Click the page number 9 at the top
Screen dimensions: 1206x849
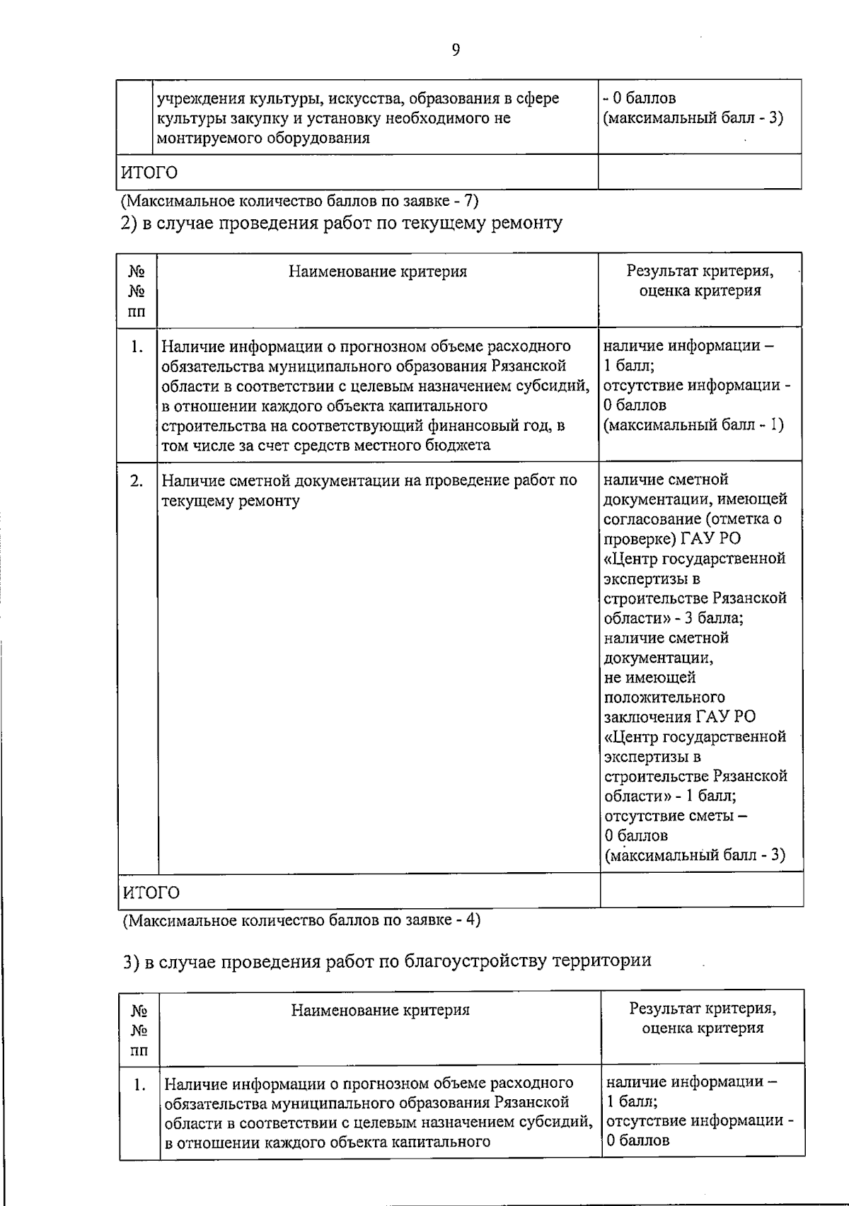455,50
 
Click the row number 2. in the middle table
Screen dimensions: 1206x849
137,481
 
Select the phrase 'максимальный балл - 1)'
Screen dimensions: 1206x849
695,425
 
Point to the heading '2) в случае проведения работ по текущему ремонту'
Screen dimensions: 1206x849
341,224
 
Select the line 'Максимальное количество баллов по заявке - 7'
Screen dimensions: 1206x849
300,201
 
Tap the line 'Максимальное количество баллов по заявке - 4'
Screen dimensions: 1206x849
302,920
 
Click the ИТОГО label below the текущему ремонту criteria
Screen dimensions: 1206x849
151,892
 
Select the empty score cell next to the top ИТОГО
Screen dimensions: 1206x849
699,172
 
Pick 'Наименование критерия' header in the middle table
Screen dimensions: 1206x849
378,272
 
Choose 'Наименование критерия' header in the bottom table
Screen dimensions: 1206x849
381,1010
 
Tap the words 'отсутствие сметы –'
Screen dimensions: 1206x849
676,816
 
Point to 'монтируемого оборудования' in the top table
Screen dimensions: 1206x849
262,138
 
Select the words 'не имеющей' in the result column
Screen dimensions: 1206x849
640,677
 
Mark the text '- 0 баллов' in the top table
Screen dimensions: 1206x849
639,98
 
